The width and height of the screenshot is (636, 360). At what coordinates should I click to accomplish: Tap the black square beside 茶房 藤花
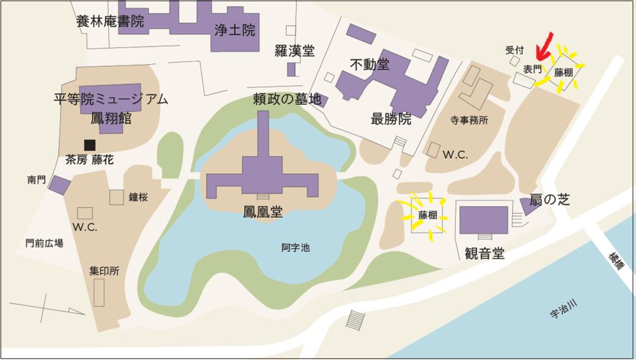90,145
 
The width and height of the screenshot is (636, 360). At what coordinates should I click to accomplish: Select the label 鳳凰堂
263,212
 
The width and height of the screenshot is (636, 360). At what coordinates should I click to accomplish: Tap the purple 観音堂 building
483,220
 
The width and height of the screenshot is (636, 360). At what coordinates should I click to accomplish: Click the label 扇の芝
550,199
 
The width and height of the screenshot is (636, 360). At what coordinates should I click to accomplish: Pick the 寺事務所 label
469,120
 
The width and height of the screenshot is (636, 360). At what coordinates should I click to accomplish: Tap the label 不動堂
369,64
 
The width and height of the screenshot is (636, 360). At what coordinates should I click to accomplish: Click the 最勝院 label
391,119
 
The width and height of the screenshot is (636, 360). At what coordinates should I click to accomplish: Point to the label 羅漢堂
294,51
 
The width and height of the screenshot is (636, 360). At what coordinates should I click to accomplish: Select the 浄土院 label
234,30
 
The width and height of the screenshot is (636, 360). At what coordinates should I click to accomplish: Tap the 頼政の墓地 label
287,99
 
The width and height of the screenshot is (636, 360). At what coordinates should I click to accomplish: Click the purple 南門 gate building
60,185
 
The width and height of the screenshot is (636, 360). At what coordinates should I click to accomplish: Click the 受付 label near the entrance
515,50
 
